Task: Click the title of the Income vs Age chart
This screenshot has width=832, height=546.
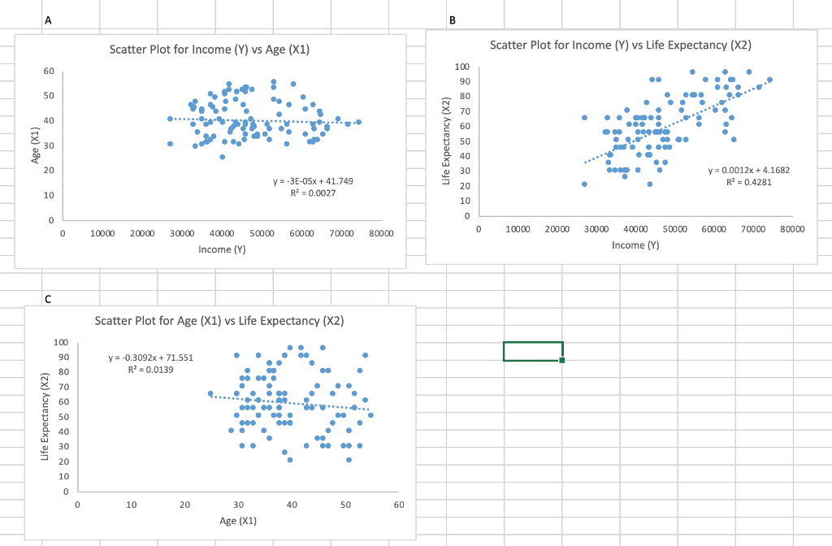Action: [210, 50]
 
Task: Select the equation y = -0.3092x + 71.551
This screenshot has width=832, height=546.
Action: [150, 357]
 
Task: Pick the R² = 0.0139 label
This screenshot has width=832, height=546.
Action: [150, 370]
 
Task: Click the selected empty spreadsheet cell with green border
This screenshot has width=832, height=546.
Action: [532, 351]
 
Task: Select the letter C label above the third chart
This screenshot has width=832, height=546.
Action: [48, 298]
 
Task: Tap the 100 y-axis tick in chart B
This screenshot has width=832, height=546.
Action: [461, 67]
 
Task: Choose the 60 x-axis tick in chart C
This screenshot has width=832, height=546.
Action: [397, 505]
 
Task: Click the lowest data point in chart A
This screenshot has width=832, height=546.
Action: [222, 157]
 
